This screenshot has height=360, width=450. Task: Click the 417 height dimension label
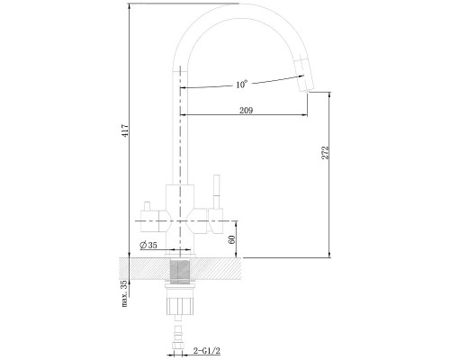126,130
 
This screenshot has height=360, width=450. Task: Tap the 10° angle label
242,84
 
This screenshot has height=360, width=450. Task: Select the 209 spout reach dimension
246,111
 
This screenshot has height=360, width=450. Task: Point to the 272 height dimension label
325,152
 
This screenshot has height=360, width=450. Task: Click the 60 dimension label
232,239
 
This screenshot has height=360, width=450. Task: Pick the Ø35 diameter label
148,245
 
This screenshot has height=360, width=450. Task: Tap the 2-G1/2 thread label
207,350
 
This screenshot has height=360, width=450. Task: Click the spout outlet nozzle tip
308,89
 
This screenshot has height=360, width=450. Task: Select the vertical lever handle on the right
216,192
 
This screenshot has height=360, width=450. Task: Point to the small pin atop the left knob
147,206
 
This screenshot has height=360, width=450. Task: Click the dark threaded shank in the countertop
180,272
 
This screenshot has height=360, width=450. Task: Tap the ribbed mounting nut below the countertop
180,306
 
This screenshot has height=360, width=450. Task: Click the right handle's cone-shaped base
216,221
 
